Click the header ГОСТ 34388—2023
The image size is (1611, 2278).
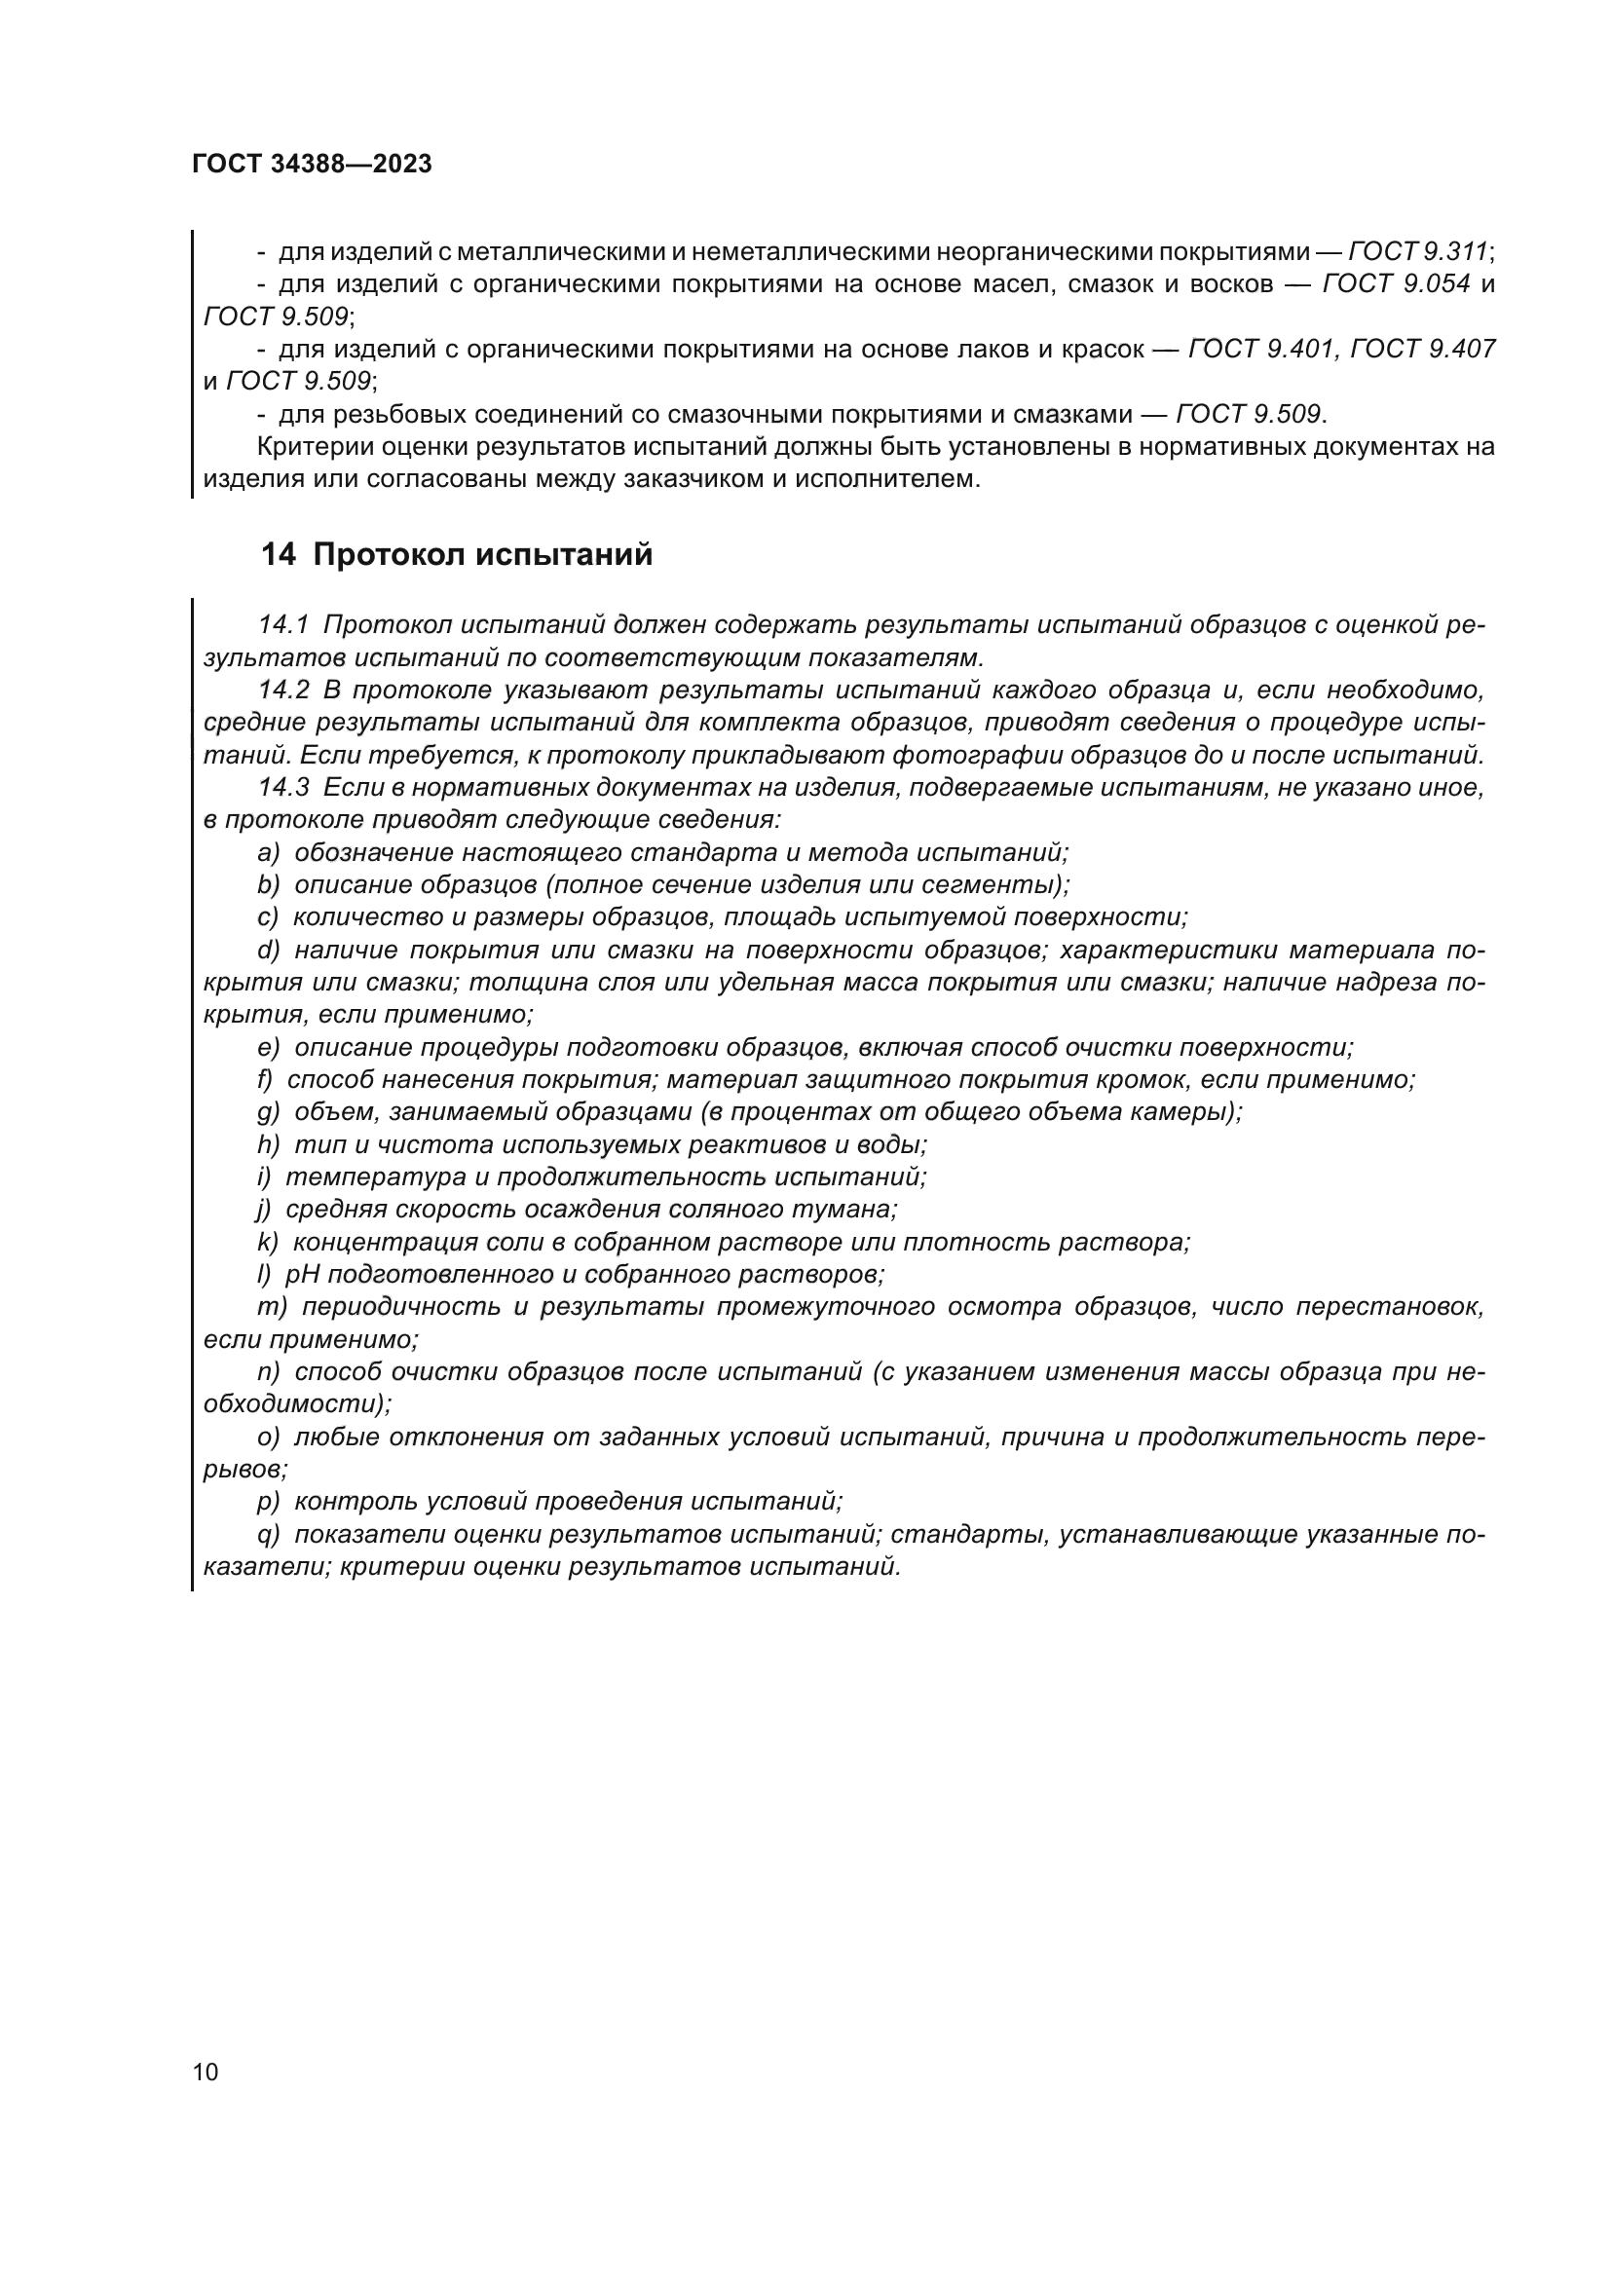[313, 165]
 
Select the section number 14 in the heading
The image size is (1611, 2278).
[278, 554]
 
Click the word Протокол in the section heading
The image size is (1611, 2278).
[389, 554]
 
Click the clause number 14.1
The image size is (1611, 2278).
[282, 625]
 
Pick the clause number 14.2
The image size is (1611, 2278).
[282, 690]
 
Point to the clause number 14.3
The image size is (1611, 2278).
[282, 788]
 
